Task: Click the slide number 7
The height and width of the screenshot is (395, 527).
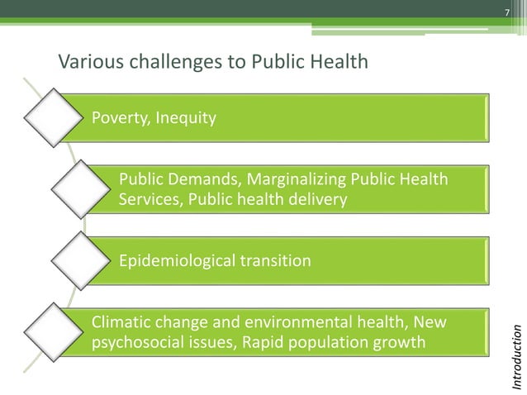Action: (508, 11)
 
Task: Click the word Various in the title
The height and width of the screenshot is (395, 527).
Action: (83, 62)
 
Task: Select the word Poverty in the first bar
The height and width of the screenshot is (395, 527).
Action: (119, 118)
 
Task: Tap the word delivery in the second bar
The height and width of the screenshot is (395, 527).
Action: (318, 200)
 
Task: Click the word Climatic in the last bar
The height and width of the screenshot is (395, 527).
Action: (121, 321)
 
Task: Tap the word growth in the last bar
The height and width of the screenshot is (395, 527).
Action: (402, 341)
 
